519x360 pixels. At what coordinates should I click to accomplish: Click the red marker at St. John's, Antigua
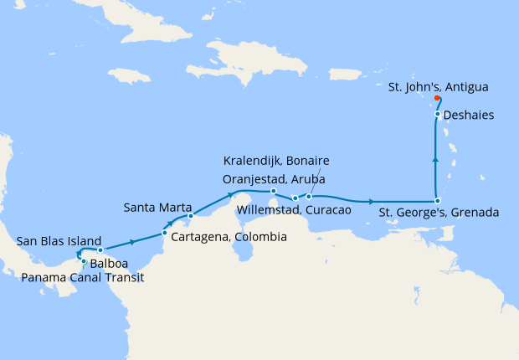pos(438,98)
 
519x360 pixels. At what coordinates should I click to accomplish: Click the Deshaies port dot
pos(438,114)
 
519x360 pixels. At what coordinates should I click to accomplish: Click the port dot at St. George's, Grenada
pos(438,201)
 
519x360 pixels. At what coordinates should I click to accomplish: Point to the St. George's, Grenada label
pos(439,213)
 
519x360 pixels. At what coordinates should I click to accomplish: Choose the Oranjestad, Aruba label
pos(274,178)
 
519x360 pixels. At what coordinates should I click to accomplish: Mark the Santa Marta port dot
pos(190,216)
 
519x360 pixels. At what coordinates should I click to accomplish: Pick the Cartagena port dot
pos(163,234)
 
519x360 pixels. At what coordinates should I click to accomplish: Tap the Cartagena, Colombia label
pos(229,237)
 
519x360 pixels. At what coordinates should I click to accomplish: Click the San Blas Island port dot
pos(100,250)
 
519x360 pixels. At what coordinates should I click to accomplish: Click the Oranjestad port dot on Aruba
pos(274,192)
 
